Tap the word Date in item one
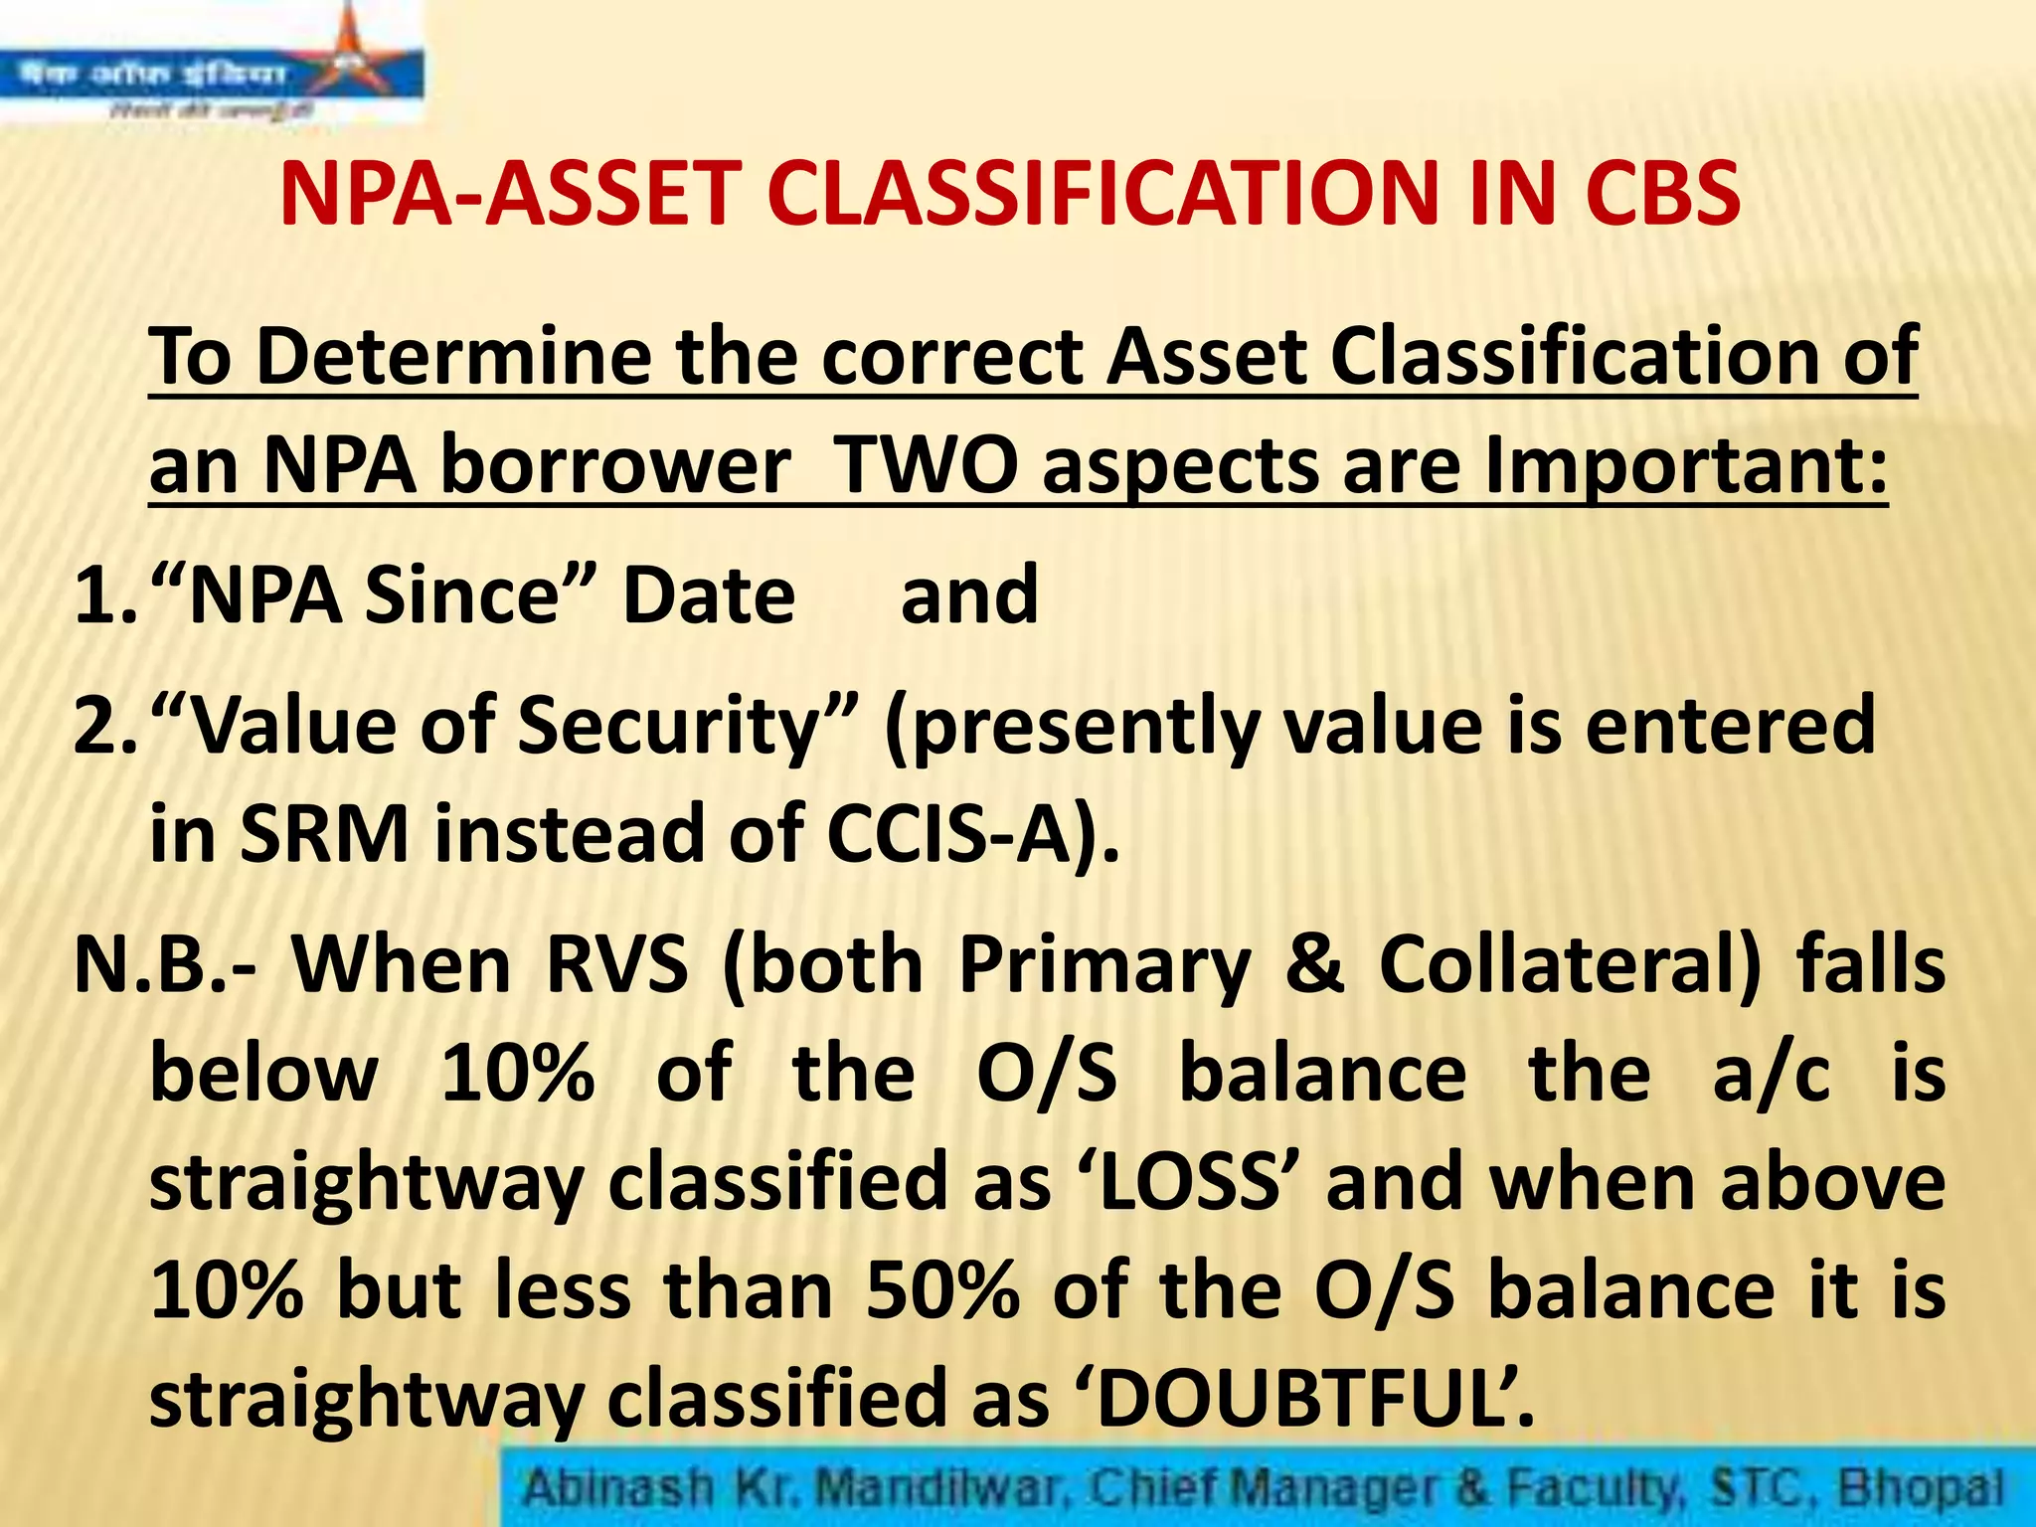point(708,596)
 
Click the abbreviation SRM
point(323,835)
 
